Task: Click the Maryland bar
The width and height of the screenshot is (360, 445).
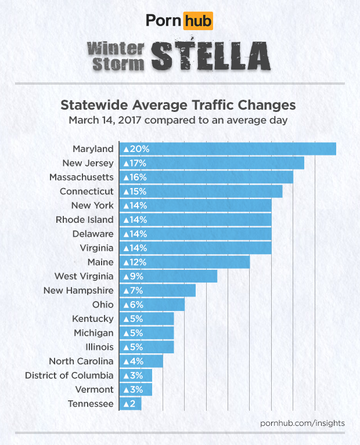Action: click(228, 149)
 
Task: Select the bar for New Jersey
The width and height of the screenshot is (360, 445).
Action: click(211, 163)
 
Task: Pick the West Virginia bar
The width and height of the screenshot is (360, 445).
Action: click(168, 276)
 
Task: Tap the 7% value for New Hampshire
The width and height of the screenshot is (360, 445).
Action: click(133, 290)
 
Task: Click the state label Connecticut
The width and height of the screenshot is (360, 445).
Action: click(87, 191)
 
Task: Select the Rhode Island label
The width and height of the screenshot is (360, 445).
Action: click(85, 219)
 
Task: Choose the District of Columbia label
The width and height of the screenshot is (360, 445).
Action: click(69, 375)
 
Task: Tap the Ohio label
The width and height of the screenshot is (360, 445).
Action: click(103, 305)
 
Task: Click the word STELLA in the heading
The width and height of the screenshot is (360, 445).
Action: click(211, 55)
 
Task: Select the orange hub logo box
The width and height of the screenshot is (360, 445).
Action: click(197, 22)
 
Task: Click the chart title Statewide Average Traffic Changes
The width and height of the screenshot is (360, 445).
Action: click(179, 106)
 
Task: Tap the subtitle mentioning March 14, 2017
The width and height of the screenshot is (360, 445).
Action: click(179, 121)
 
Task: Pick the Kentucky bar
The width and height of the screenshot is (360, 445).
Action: click(146, 319)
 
